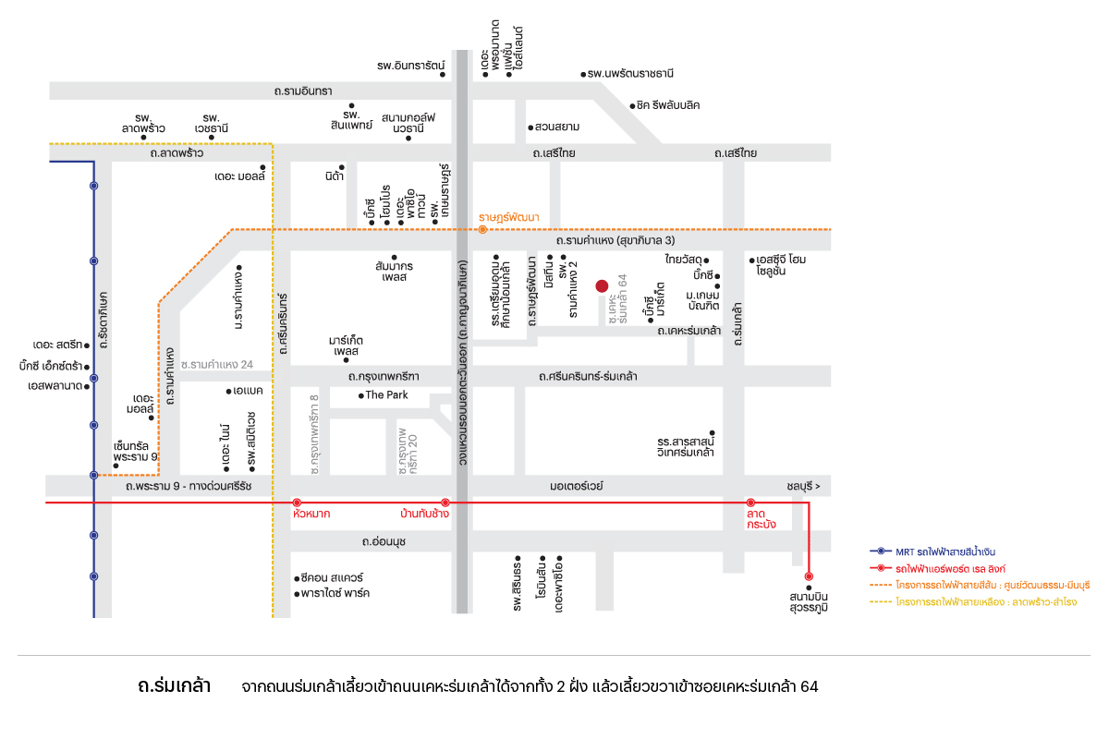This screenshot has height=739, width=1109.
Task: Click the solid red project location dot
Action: click(602, 286)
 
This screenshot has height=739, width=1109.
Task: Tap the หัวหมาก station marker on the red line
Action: click(297, 503)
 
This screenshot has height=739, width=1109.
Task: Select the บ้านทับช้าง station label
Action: click(424, 514)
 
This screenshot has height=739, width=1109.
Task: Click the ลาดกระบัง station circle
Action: click(750, 503)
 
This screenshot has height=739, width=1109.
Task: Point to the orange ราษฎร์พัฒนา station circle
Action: click(482, 230)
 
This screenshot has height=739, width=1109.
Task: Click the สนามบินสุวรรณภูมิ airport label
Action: click(809, 602)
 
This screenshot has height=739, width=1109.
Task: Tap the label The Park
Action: click(386, 395)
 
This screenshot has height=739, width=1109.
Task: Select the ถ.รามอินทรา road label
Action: click(303, 91)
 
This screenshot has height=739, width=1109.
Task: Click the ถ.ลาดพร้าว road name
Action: click(177, 153)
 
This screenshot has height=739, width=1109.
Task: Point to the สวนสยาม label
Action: click(557, 127)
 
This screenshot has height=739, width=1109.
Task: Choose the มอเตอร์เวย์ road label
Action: click(577, 486)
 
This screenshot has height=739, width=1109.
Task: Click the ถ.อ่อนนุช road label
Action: click(384, 541)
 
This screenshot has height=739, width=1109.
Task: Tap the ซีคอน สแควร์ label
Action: click(332, 577)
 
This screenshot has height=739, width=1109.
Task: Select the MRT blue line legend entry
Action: click(932, 551)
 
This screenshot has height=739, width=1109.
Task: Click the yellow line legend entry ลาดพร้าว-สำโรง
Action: click(973, 602)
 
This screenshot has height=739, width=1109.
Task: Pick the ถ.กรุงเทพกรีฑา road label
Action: click(384, 377)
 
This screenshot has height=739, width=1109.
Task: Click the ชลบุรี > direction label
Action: click(803, 486)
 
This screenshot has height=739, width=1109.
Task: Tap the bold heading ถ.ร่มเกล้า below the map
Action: click(175, 686)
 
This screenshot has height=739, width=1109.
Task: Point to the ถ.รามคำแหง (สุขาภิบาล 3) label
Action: click(615, 240)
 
